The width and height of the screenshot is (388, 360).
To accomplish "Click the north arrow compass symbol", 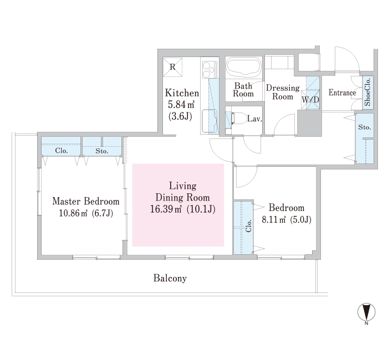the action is pos(366,312).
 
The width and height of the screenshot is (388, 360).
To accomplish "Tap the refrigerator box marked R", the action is pos(172,67).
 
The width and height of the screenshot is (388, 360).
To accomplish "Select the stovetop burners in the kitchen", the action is pos(210,69).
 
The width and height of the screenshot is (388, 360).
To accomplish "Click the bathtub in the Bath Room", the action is pos(244,68).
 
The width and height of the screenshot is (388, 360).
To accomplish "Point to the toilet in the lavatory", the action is pos(239,119).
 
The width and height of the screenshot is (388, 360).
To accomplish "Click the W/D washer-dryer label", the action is pos(310,100).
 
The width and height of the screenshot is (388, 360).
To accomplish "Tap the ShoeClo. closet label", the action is pos(367,92).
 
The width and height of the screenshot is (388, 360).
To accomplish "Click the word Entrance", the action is pos(342,92).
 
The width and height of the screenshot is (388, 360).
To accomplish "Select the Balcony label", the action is pos(170,278).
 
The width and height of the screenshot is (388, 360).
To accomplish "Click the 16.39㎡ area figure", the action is pos(166,209).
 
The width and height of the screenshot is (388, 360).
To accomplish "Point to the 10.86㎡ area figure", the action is pos(73,213).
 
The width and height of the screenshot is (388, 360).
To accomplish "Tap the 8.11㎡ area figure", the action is pos(274,219).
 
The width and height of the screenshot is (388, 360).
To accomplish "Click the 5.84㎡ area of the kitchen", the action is pos(181,105).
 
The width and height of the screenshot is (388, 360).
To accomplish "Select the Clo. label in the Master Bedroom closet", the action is pos(62,151).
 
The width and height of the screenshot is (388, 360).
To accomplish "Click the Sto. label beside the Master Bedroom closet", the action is pos(101,151).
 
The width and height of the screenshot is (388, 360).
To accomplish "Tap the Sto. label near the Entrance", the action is pos(365,127).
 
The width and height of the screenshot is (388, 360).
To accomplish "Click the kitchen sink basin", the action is pos(210,121).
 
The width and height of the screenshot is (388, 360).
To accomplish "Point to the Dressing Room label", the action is pos(283,92).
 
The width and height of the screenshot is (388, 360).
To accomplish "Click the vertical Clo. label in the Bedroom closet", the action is pos(248,226).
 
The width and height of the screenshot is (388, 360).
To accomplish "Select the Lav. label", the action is pos(254,119).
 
